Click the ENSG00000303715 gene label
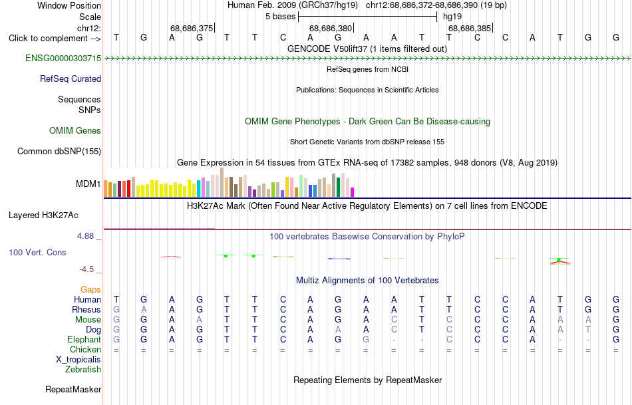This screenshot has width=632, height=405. [x=63, y=58]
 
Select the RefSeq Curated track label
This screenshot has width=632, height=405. [x=71, y=78]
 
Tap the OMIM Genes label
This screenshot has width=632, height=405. [x=75, y=130]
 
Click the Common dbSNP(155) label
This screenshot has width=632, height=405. [x=59, y=151]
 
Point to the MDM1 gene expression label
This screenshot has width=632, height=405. [x=88, y=184]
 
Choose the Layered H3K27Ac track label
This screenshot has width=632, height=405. [x=43, y=215]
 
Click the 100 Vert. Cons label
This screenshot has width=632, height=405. [x=37, y=252]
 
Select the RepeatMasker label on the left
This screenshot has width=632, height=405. [x=73, y=389]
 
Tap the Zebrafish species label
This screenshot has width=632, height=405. [x=83, y=369]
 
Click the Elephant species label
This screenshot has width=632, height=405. [x=84, y=339]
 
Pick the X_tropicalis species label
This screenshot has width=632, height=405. [x=79, y=360]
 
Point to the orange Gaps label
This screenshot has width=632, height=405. [x=90, y=289]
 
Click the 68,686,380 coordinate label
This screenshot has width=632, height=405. [x=331, y=28]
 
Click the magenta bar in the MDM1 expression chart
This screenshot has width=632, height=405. [x=353, y=192]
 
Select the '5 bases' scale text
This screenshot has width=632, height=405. [x=280, y=17]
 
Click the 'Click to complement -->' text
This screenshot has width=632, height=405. [x=55, y=39]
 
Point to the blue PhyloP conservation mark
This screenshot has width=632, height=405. [x=339, y=258]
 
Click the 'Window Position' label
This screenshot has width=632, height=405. [x=69, y=5]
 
